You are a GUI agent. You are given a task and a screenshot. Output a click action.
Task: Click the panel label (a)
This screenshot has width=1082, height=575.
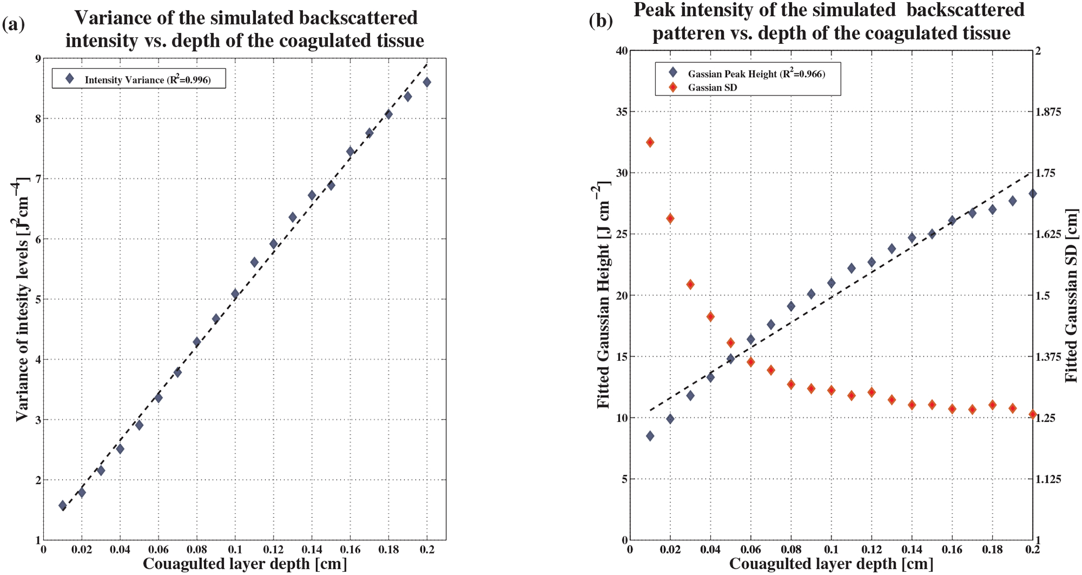click(x=13, y=24)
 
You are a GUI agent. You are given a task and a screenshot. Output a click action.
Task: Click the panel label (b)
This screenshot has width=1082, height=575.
click(x=600, y=21)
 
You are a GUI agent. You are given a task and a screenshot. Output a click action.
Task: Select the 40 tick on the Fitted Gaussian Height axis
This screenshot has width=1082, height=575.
click(x=621, y=51)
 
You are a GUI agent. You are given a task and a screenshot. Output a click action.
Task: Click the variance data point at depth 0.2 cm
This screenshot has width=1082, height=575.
click(x=427, y=82)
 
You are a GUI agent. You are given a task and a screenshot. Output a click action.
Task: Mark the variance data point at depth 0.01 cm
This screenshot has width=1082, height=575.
click(x=63, y=505)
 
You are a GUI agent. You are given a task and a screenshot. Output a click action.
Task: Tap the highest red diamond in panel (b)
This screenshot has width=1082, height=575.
click(x=650, y=142)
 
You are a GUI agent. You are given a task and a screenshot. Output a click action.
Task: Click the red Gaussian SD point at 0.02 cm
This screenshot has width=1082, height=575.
click(x=670, y=218)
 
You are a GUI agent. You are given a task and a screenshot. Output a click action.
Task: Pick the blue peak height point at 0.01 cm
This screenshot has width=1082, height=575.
click(x=650, y=436)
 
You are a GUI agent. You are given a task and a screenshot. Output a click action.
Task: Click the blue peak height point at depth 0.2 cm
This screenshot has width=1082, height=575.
click(x=1033, y=193)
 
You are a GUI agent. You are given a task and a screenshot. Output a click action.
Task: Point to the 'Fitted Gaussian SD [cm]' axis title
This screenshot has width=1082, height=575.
click(x=1071, y=295)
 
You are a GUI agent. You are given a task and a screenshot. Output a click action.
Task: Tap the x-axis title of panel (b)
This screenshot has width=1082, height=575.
click(x=831, y=564)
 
